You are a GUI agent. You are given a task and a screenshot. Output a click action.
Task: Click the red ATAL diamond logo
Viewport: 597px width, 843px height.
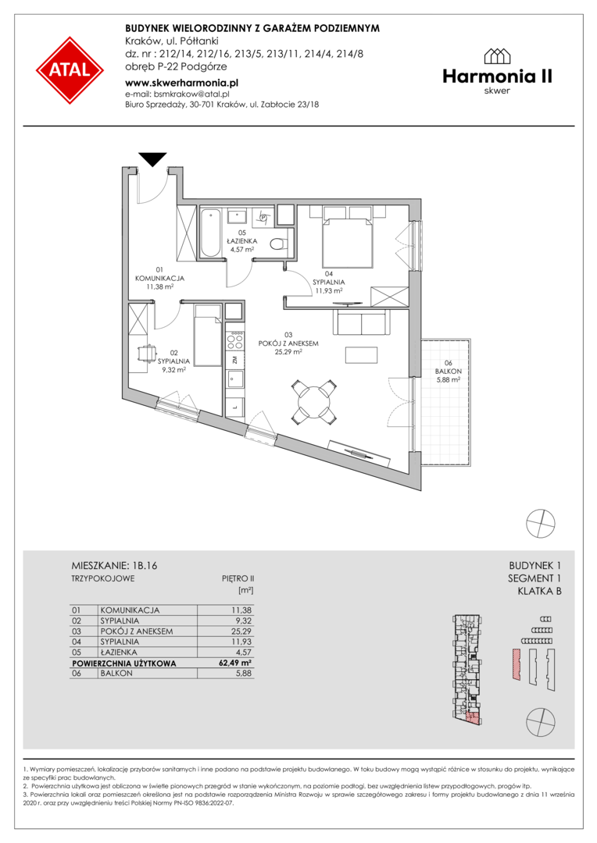[x=70, y=70]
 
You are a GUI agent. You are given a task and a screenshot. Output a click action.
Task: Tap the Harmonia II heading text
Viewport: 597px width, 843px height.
[x=498, y=76]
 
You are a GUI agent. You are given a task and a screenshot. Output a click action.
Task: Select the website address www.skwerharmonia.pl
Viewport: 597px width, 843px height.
[x=181, y=84]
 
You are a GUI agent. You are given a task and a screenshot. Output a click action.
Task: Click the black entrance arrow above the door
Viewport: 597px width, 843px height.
[x=152, y=159]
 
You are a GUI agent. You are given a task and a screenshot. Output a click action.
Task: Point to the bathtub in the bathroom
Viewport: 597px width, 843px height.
[x=210, y=233]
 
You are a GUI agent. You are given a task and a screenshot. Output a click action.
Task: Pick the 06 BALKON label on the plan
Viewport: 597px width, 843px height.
[x=448, y=367]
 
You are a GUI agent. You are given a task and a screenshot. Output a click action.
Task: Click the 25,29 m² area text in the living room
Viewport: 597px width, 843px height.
[x=288, y=352]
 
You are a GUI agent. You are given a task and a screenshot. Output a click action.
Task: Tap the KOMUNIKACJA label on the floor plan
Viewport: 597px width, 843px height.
[x=159, y=279]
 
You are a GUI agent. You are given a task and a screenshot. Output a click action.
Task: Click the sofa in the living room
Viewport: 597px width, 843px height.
[x=361, y=322]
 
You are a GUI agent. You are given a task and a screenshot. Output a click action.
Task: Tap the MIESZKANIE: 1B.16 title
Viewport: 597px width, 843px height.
[x=114, y=566]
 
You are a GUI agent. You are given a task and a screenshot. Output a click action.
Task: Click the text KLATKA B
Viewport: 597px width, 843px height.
[x=539, y=592]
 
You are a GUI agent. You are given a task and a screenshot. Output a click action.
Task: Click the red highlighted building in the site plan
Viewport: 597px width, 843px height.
[x=516, y=665]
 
